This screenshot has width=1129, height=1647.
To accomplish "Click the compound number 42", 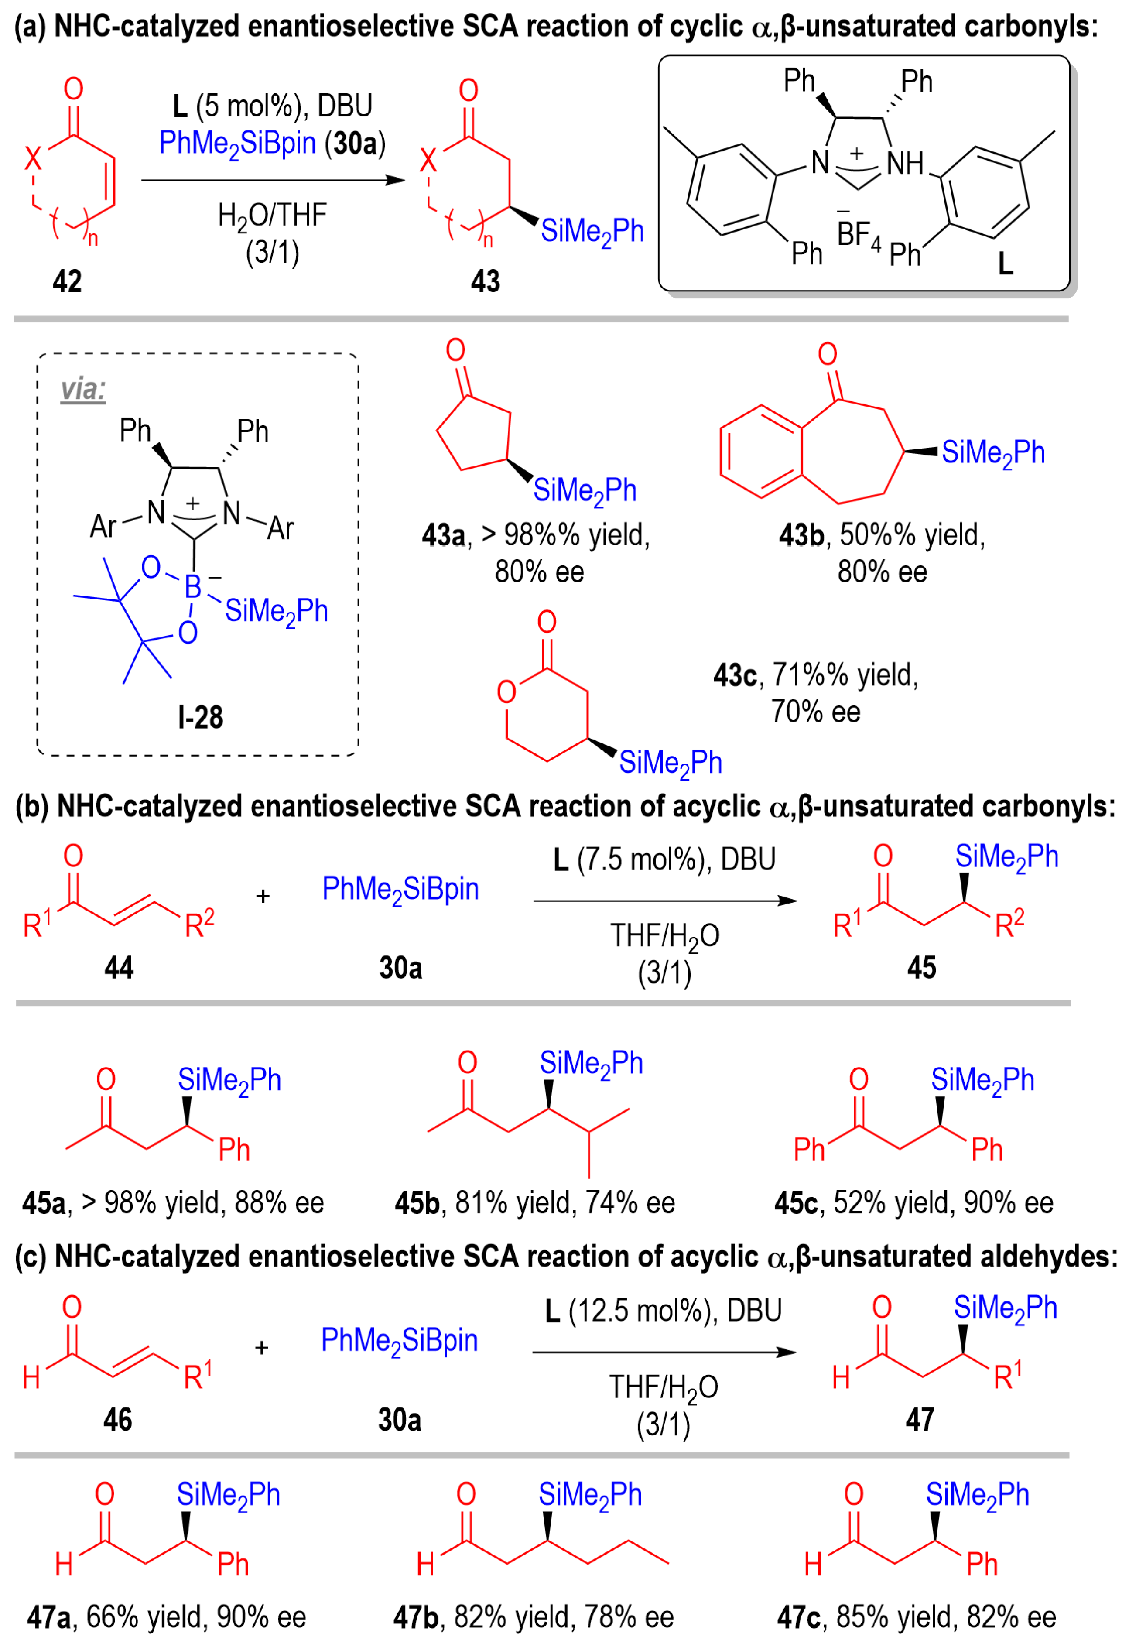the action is point(67,281).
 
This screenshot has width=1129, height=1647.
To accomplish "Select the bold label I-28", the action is point(201,717).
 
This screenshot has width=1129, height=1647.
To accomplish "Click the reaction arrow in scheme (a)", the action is point(273,180).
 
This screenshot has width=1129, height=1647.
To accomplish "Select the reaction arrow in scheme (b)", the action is point(665,901).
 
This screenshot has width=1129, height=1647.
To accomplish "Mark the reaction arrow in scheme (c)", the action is point(664,1352).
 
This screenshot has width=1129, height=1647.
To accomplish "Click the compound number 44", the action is point(119,967).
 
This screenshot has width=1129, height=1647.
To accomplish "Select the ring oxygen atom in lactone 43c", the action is point(506,692).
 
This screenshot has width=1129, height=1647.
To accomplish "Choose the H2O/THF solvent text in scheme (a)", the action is point(273,215).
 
